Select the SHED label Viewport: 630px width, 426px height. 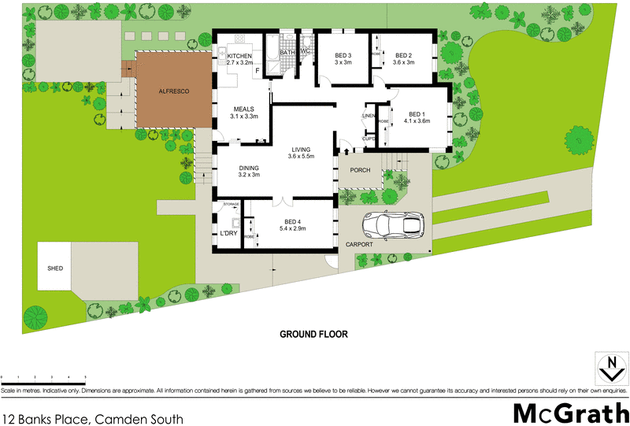[x=54, y=269]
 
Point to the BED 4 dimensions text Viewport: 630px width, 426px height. [x=292, y=228]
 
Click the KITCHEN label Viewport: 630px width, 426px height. [x=239, y=56]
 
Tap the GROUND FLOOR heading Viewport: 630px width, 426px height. [x=313, y=334]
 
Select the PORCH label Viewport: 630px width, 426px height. [x=360, y=170]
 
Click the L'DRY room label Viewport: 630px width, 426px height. [x=228, y=234]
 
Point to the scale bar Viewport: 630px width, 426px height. [x=43, y=380]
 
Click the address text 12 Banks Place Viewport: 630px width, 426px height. [x=93, y=419]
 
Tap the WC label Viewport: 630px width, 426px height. [x=306, y=52]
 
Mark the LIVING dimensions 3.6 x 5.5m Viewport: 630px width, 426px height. [x=301, y=157]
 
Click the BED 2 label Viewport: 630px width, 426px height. [x=403, y=55]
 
